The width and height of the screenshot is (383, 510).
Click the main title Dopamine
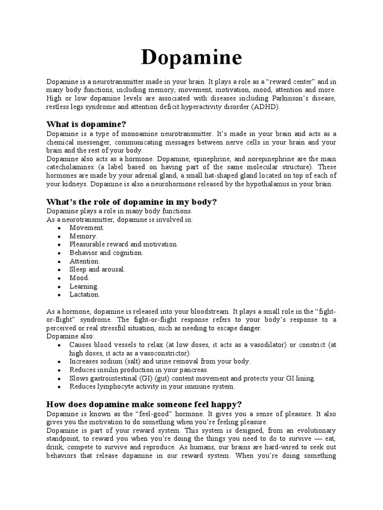click(191, 58)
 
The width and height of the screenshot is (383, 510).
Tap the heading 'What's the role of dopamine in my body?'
click(132, 202)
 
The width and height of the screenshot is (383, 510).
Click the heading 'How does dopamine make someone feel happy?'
click(144, 404)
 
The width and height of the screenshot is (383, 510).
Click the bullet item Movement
click(87, 227)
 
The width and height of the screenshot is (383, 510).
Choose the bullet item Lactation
click(85, 294)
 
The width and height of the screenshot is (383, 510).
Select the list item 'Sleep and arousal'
click(97, 269)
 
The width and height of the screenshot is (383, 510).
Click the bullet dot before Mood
click(59, 278)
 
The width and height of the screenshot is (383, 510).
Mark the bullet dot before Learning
click(59, 286)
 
